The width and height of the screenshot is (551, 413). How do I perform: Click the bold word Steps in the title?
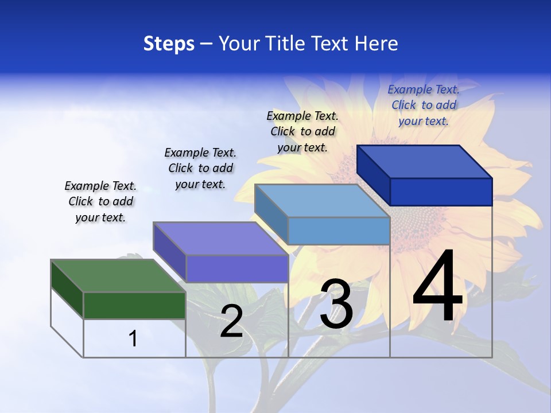point(169,44)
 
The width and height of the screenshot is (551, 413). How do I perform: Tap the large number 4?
point(437,287)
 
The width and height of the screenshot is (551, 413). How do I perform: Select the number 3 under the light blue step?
point(336,304)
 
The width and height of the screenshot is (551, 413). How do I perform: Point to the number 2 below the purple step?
point(231,321)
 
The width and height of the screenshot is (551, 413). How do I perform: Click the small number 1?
point(133,338)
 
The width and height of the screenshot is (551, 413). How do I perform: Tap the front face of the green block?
point(134,305)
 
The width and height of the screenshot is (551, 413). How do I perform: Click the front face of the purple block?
point(236,268)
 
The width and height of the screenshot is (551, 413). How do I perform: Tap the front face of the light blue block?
point(339,231)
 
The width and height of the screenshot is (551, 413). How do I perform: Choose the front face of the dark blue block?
point(441,192)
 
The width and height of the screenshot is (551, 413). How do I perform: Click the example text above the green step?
point(100,201)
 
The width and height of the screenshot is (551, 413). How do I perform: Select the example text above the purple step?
point(200,168)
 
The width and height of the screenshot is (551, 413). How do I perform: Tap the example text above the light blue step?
point(302,131)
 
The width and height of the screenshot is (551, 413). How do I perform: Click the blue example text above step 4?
point(424,105)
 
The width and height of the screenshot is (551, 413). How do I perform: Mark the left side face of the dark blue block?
point(374,175)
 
